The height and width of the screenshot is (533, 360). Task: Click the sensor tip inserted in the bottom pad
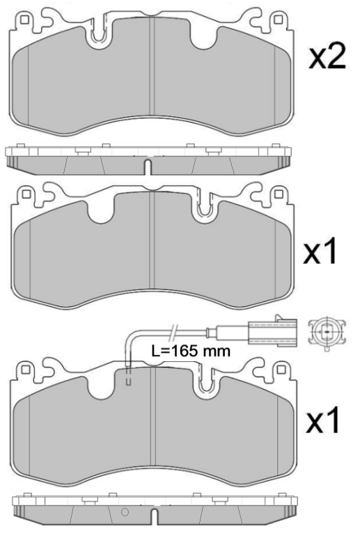(129, 378)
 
